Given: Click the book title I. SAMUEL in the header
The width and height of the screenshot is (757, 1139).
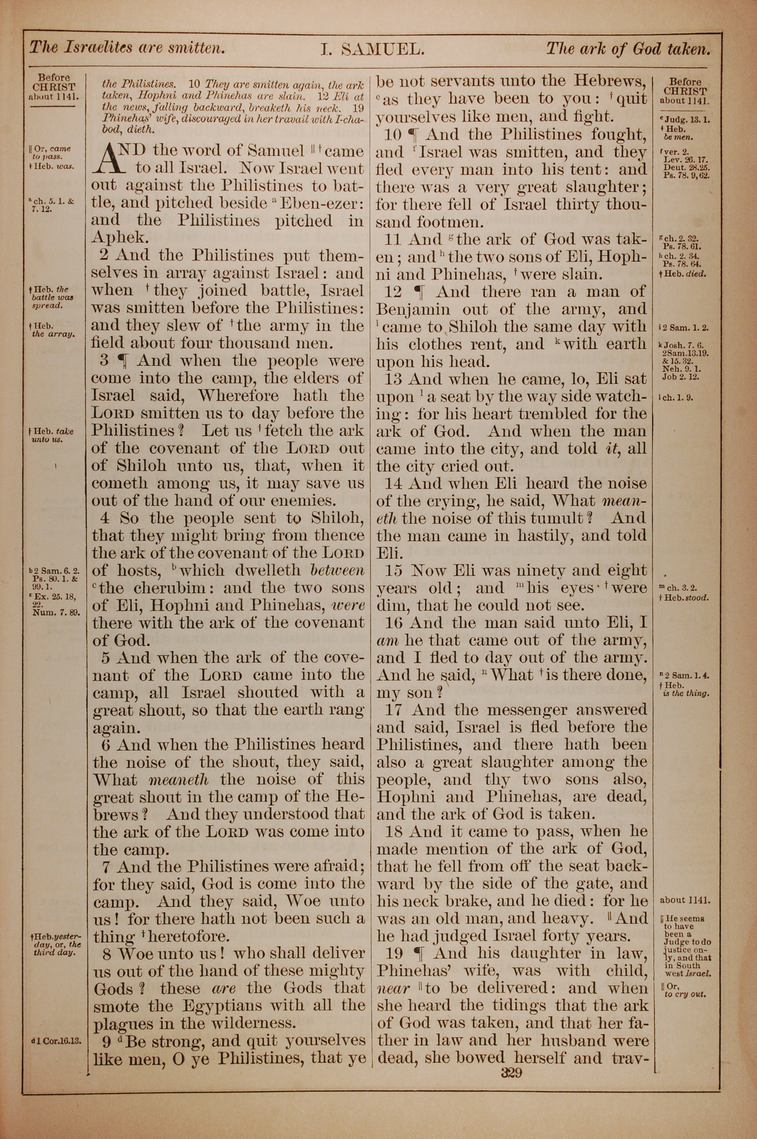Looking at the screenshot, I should click(x=372, y=49).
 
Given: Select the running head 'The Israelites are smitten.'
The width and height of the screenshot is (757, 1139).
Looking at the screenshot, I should click(x=128, y=48).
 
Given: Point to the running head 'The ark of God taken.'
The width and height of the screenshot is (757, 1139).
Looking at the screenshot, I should click(x=628, y=48).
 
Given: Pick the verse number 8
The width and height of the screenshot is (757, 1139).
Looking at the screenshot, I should click(x=105, y=953).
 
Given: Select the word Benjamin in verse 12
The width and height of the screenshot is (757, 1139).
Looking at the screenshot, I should click(x=413, y=309).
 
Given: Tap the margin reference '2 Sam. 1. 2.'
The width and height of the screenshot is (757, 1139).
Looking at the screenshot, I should click(x=685, y=328).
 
